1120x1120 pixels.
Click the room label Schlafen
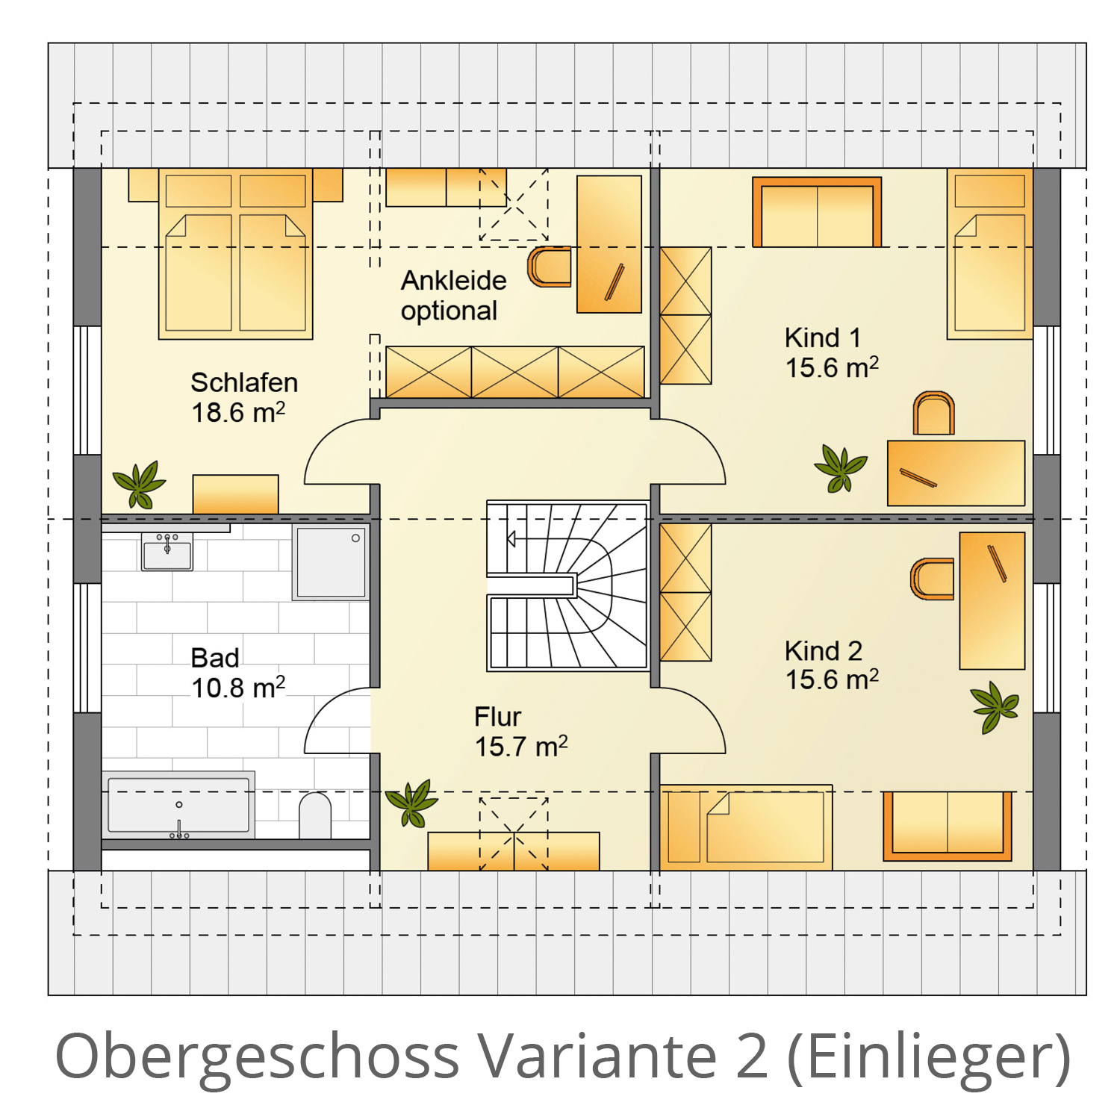tap(244, 382)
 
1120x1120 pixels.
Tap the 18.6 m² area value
tap(238, 412)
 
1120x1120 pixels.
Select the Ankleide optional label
tap(453, 296)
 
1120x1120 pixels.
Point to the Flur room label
tap(497, 717)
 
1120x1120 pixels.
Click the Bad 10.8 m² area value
tap(238, 687)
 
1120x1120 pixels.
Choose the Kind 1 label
tap(823, 337)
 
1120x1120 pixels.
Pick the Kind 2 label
tap(824, 651)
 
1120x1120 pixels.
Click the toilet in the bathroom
tap(315, 815)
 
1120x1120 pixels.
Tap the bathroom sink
tap(167, 551)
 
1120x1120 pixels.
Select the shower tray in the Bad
tap(331, 562)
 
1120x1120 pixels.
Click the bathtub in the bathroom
tap(178, 805)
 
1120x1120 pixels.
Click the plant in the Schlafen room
tap(140, 484)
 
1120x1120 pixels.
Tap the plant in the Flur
tap(411, 803)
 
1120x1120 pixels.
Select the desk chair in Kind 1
tap(934, 413)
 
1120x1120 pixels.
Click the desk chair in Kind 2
tap(932, 579)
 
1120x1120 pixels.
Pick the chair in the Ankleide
tap(550, 267)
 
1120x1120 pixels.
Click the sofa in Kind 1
tap(817, 212)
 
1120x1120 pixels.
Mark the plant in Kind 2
tap(995, 706)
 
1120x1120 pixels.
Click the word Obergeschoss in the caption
tap(257, 1057)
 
